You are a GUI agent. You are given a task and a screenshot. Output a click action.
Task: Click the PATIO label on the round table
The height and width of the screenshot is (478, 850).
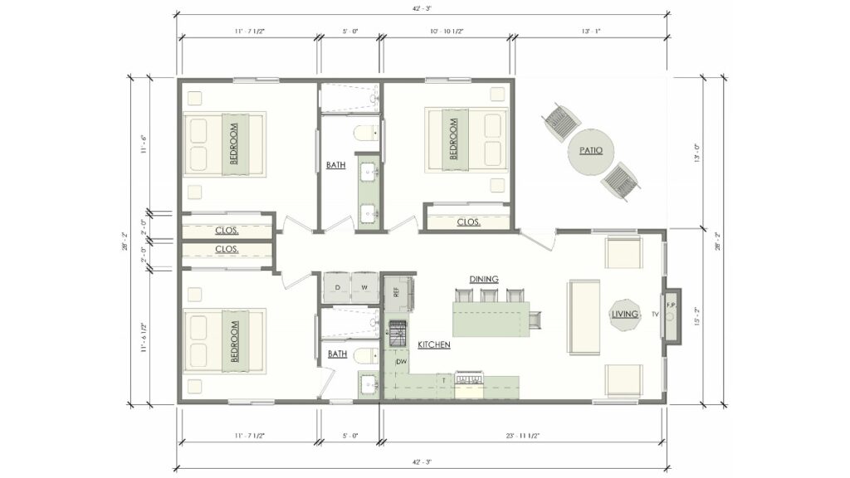pos(591,150)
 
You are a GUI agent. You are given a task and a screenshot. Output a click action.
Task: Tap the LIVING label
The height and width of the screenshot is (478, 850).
pos(625,315)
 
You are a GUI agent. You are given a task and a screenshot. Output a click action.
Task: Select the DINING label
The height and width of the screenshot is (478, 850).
pos(483,279)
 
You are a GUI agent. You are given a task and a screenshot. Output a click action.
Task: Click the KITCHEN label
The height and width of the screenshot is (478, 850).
pos(433,344)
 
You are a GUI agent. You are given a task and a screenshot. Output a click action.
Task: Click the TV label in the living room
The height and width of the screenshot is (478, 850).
pos(654,315)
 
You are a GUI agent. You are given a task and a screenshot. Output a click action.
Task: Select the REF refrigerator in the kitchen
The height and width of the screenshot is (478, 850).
pos(397,290)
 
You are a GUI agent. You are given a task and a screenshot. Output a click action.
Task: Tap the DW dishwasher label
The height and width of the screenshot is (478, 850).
pos(401,362)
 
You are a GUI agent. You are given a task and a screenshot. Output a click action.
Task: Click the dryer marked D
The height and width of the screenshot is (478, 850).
pos(337,287)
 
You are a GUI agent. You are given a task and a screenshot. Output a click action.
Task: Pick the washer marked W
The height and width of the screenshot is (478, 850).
pos(364,287)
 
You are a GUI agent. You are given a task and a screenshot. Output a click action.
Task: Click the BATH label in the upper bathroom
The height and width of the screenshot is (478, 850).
pos(335,165)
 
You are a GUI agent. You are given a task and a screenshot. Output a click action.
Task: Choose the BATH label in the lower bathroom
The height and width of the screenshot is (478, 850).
pos(337,354)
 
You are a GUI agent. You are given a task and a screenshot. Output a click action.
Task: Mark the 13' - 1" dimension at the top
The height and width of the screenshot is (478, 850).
pos(591,31)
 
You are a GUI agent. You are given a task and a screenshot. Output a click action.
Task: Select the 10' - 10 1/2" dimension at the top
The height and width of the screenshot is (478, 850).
pos(447,31)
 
